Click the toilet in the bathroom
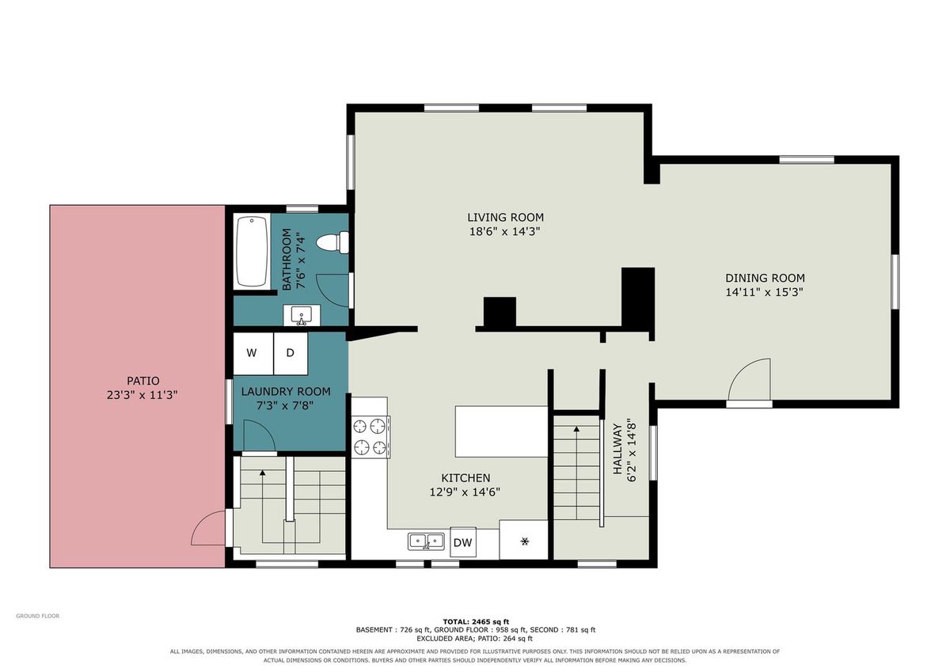(x=333, y=242)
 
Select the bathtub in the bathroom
(x=252, y=252)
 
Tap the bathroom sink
(x=302, y=315)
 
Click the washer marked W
(x=253, y=354)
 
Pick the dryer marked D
(x=291, y=354)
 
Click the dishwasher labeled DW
(x=462, y=542)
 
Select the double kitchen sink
(x=426, y=541)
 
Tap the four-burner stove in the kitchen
(x=370, y=436)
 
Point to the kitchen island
(x=501, y=431)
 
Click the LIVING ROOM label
(x=505, y=218)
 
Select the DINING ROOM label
(x=765, y=278)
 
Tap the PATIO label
(x=143, y=381)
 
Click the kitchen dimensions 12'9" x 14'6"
(x=465, y=492)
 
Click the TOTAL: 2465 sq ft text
(x=476, y=622)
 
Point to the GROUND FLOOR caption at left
(x=38, y=616)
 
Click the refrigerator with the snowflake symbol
(x=524, y=540)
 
